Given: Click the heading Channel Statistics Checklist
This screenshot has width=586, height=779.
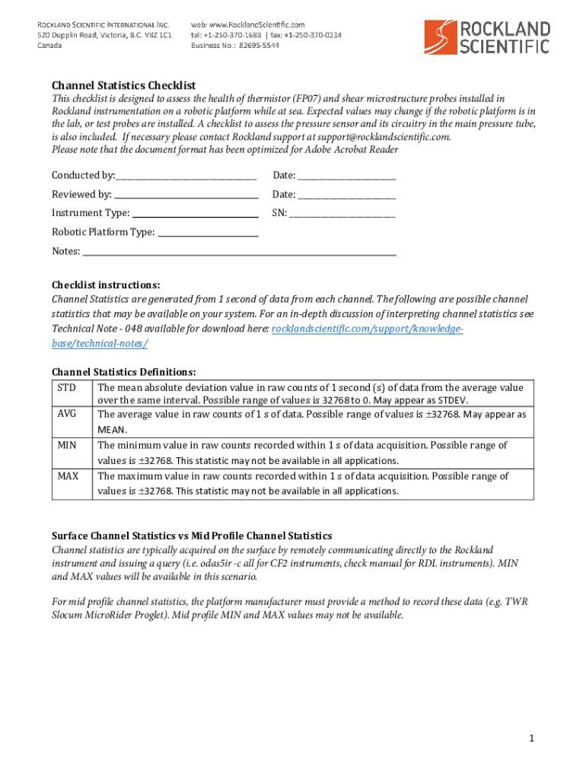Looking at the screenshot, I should click(123, 85).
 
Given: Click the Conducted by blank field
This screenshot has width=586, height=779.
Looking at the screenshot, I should click(186, 176).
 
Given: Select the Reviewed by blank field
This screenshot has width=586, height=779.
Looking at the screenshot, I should click(186, 195).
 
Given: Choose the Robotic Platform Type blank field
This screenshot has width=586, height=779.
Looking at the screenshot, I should click(208, 232).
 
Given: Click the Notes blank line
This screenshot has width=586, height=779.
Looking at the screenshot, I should click(240, 251).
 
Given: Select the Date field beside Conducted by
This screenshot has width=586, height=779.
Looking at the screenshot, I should click(347, 176).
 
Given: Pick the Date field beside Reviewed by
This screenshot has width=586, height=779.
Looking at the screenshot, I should click(347, 195).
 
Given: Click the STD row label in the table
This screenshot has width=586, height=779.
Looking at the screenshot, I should click(66, 388).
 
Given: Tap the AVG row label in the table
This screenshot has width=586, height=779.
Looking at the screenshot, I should click(66, 415).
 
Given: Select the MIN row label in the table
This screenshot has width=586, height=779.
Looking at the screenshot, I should click(66, 445).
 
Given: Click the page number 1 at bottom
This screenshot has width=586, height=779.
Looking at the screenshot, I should click(533, 739).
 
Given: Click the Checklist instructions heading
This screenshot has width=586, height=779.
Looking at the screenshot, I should click(106, 285).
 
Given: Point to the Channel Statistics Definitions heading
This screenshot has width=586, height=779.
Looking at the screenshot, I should click(124, 372).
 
